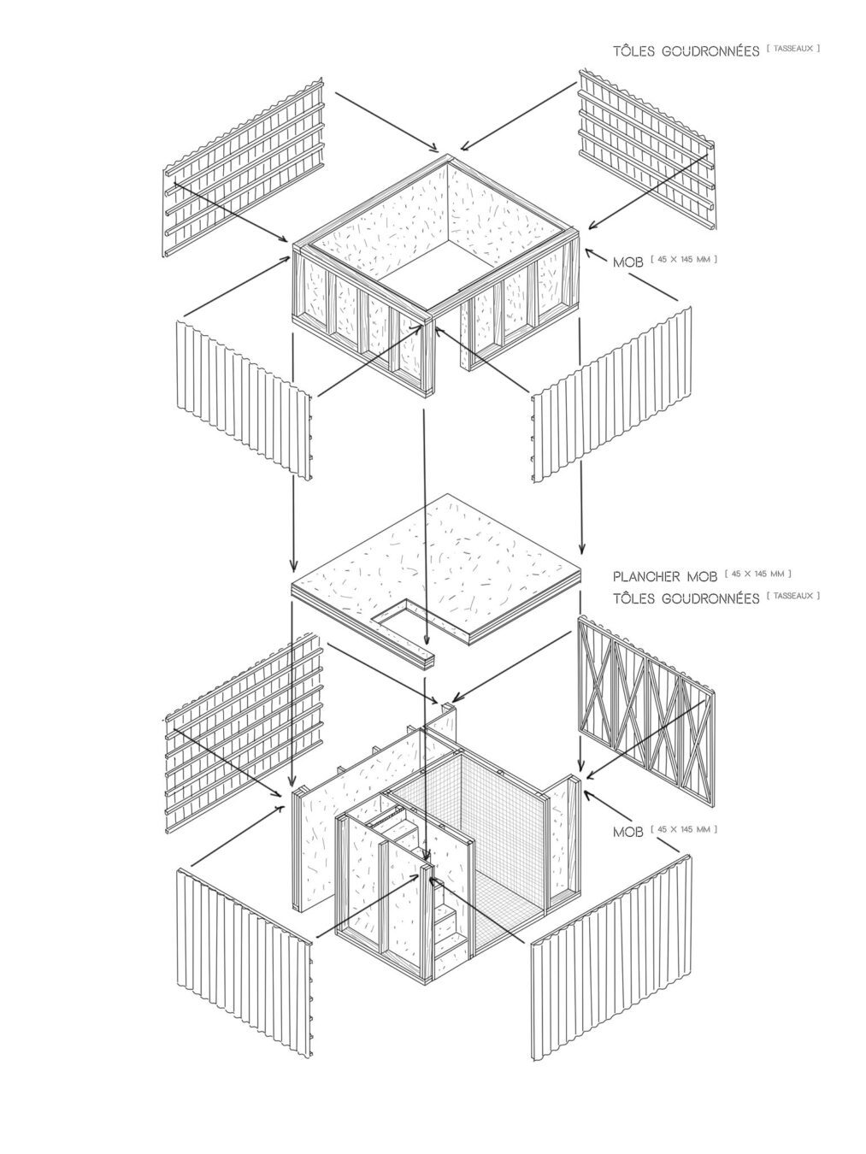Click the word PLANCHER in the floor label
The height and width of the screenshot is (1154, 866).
(646, 577)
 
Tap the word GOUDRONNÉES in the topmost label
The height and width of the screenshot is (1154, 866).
(711, 51)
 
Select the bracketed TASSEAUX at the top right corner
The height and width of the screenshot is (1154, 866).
(793, 49)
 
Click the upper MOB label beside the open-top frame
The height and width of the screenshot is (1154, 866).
(628, 262)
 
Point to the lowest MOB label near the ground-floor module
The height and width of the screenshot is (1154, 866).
(628, 832)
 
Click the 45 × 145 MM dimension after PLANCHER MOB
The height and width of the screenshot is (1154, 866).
(757, 574)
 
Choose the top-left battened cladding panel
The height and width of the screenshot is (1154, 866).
(243, 168)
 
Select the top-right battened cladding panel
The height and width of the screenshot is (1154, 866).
(647, 150)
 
